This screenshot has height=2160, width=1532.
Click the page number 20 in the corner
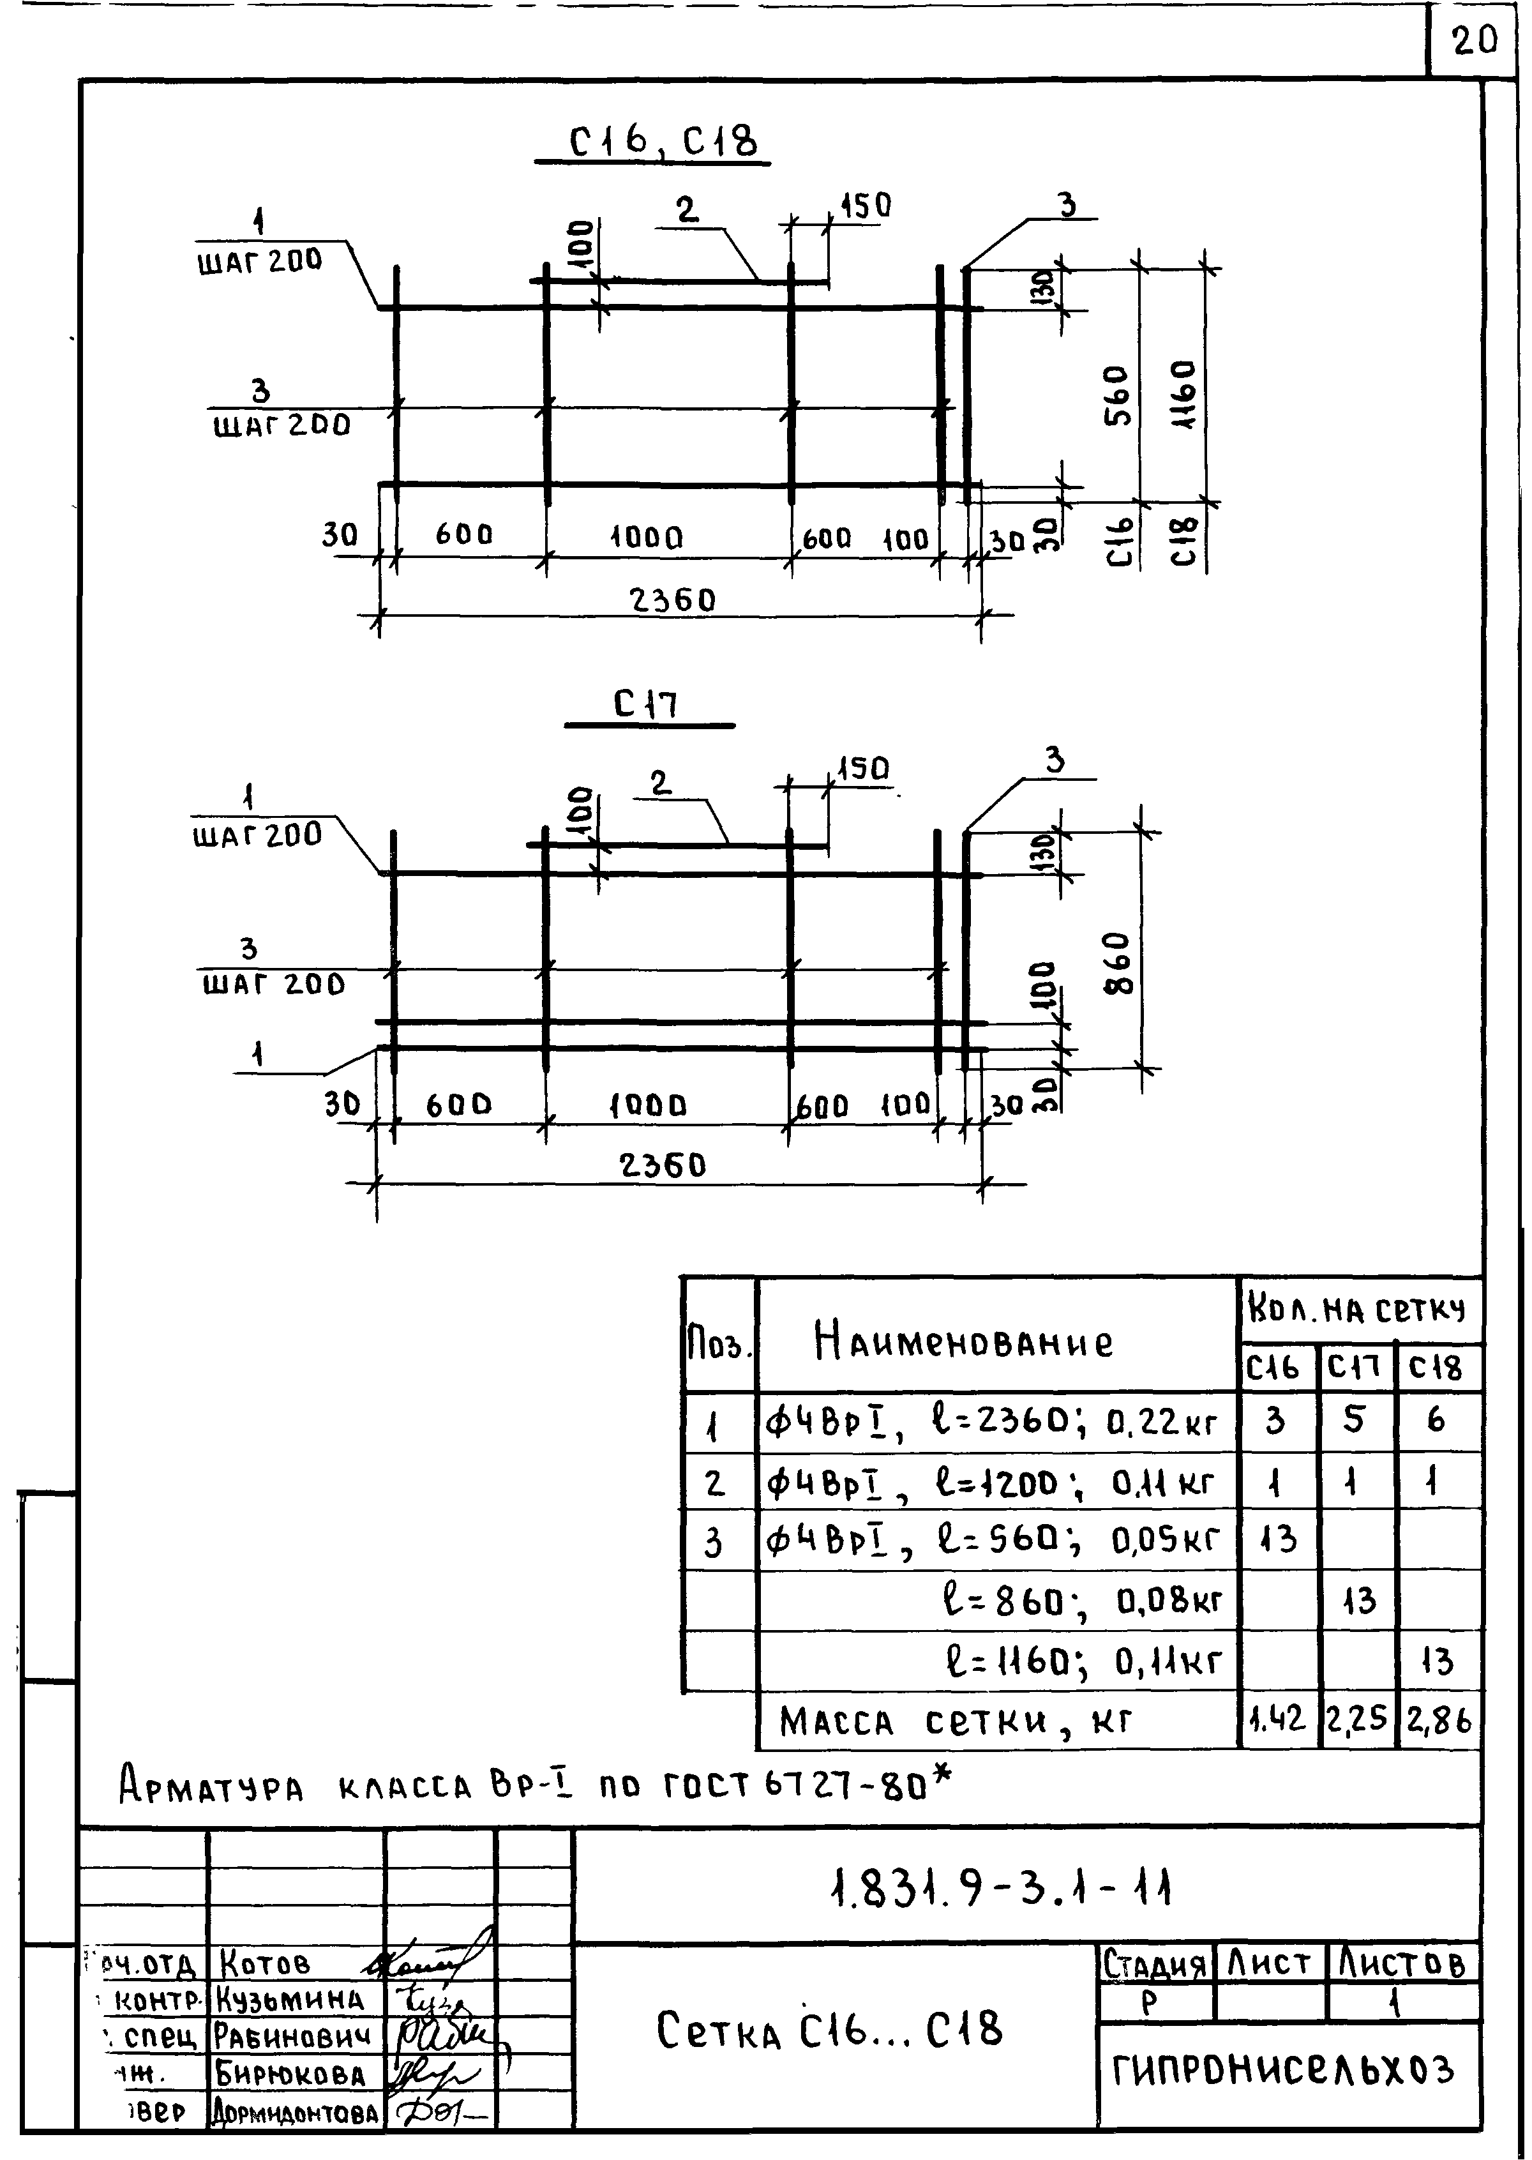coord(1475,41)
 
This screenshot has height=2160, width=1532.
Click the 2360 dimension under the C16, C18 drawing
coord(673,600)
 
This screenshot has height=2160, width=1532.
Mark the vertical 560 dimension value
coord(1117,397)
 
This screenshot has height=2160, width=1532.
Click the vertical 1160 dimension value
coord(1185,395)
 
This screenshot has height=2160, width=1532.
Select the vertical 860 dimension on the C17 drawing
coord(1117,962)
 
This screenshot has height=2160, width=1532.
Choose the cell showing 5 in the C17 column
coord(1354,1418)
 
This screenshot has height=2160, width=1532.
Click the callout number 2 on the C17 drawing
coord(660,782)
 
